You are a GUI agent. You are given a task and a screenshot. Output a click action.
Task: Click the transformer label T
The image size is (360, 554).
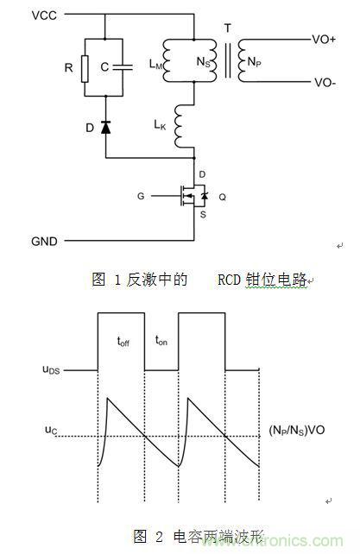point(227,28)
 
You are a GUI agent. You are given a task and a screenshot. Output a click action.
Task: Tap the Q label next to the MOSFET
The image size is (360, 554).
point(224,197)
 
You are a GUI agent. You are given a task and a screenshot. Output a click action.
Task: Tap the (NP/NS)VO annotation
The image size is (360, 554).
point(303,429)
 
